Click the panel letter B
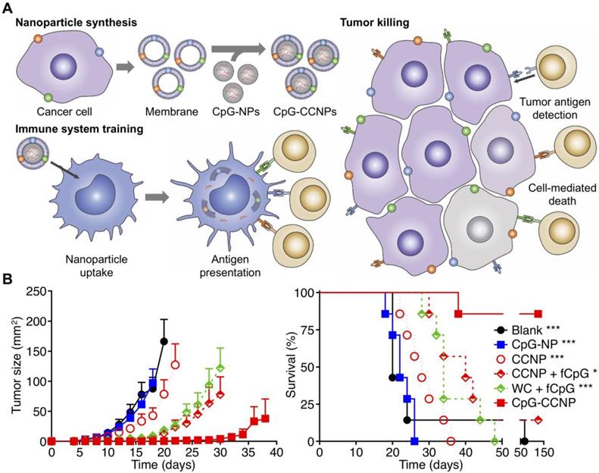pos(8,279)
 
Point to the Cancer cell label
pos(51,112)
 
